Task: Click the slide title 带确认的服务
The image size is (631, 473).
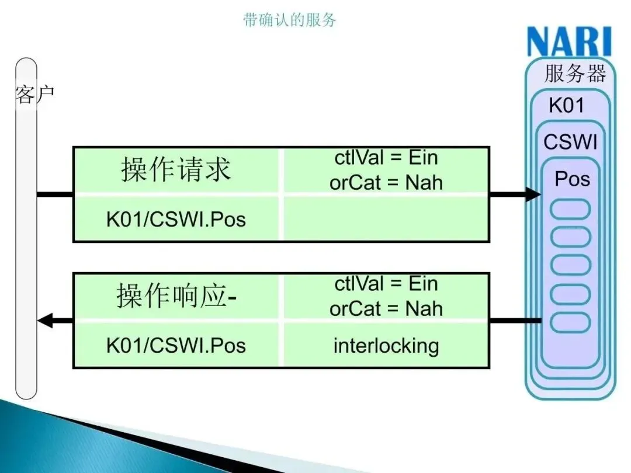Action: [290, 20]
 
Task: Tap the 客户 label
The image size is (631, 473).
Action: [34, 94]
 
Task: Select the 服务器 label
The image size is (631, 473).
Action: [575, 74]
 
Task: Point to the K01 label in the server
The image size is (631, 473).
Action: [566, 106]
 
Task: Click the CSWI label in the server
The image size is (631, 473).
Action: [570, 142]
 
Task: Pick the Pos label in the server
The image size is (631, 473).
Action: [572, 179]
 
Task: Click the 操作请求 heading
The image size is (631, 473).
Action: [176, 169]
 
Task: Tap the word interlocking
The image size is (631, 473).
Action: [386, 346]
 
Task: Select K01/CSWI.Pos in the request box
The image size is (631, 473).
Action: [176, 220]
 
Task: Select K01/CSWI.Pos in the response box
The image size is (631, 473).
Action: [176, 345]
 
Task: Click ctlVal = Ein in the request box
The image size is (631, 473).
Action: [386, 158]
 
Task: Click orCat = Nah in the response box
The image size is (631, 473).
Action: [386, 308]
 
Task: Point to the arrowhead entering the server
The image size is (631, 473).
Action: [533, 194]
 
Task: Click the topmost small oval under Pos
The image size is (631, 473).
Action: [571, 210]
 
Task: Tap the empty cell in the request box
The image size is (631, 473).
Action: [386, 219]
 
